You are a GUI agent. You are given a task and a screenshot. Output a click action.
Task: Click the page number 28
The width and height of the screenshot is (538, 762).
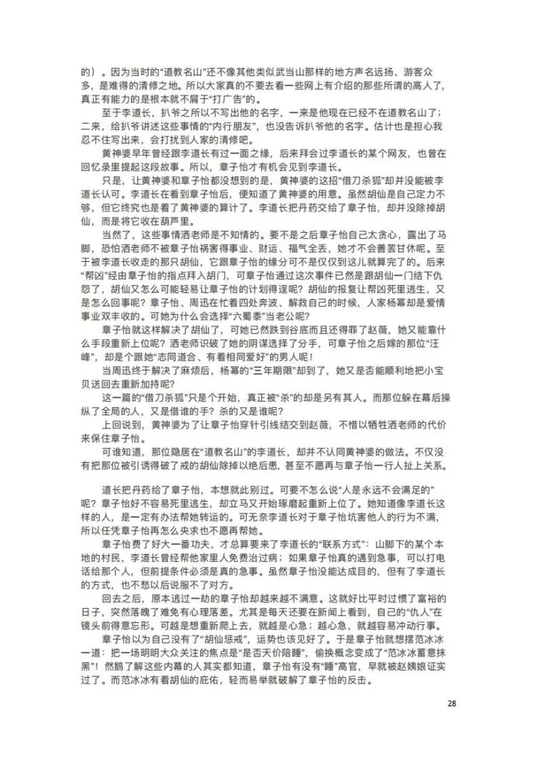[x=452, y=702]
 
